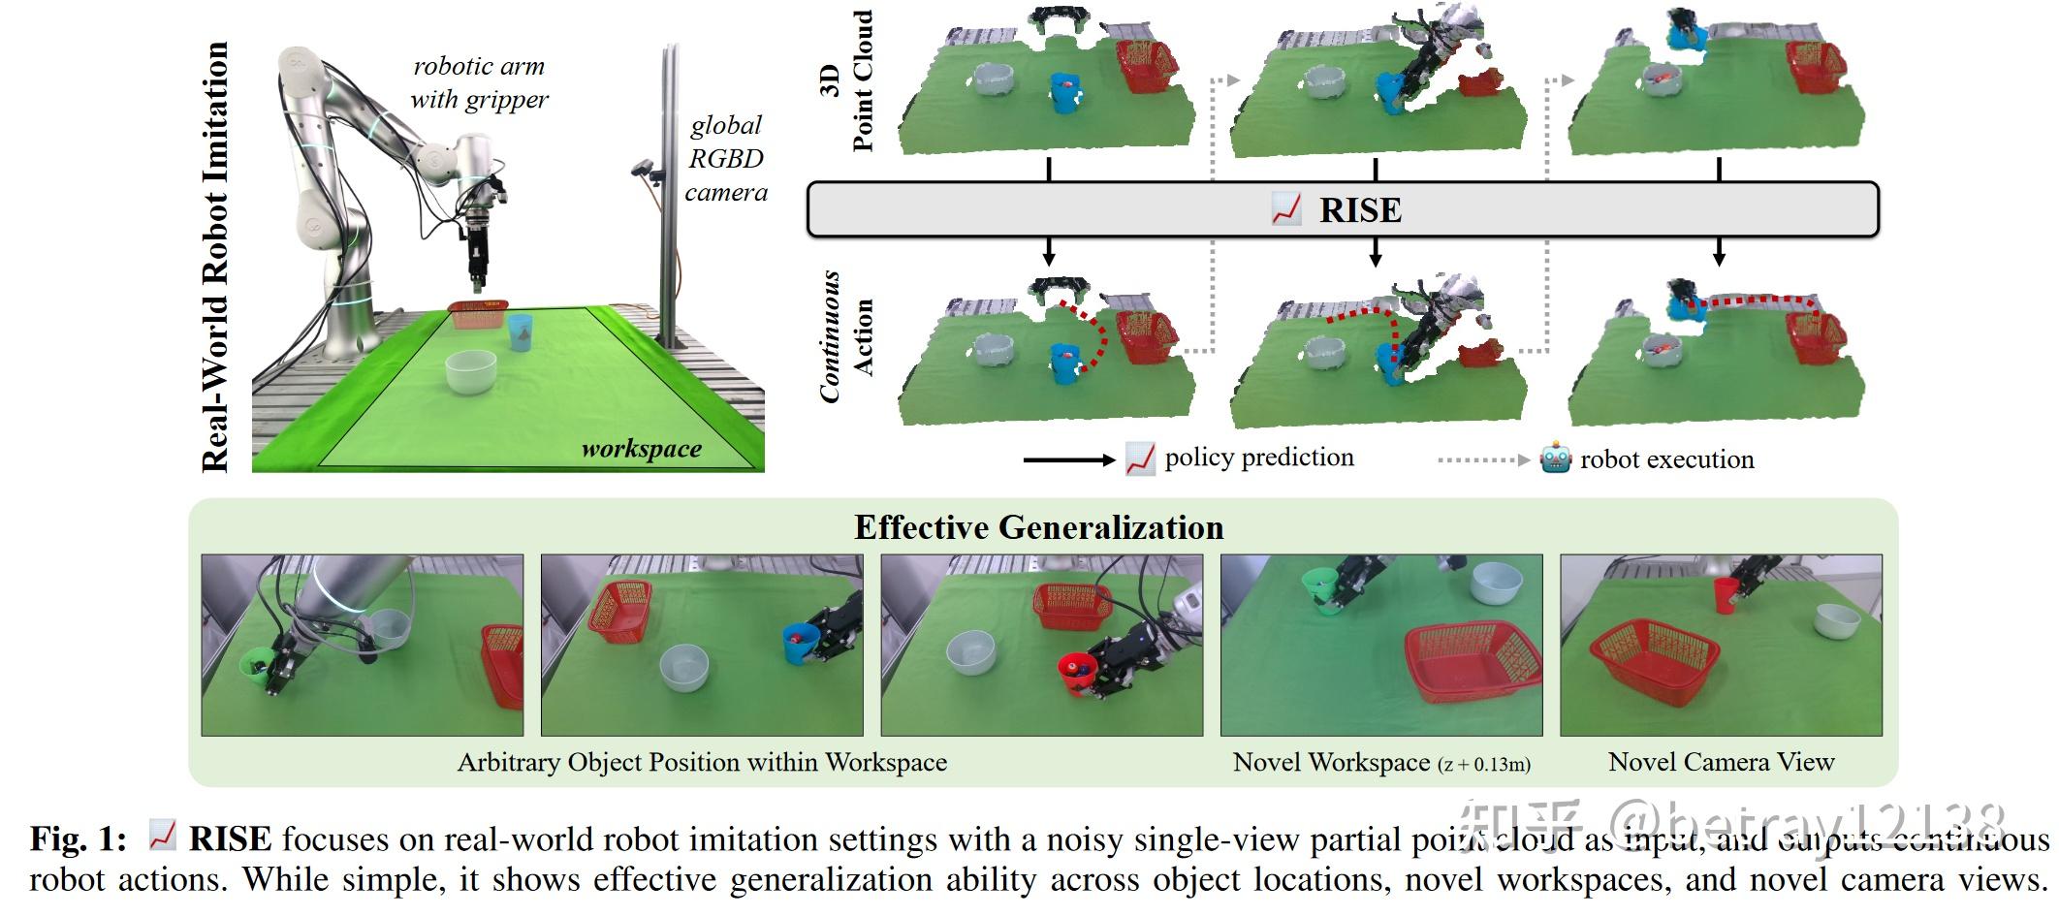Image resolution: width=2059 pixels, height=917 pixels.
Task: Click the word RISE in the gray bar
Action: (1359, 210)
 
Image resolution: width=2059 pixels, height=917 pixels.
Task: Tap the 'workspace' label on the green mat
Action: (641, 449)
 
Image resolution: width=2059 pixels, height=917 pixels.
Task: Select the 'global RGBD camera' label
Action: (726, 159)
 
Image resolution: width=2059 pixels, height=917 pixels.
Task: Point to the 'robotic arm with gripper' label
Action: (479, 82)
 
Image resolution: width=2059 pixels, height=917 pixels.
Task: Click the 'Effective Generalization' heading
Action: (1038, 527)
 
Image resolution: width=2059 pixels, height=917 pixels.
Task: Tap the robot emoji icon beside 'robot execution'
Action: (1555, 458)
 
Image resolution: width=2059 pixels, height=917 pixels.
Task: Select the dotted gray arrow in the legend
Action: (1482, 459)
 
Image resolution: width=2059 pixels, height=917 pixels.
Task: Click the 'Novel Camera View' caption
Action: (1721, 762)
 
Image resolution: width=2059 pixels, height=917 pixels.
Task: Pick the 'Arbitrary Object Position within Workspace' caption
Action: (702, 762)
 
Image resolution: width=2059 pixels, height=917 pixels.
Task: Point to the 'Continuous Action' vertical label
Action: (846, 337)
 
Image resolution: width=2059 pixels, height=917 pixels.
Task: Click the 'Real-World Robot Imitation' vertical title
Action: (215, 257)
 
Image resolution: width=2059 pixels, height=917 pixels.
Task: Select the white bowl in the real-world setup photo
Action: (470, 371)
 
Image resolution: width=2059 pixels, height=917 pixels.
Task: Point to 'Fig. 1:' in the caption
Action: (78, 839)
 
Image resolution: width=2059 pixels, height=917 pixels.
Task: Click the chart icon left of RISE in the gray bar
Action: (1285, 210)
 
